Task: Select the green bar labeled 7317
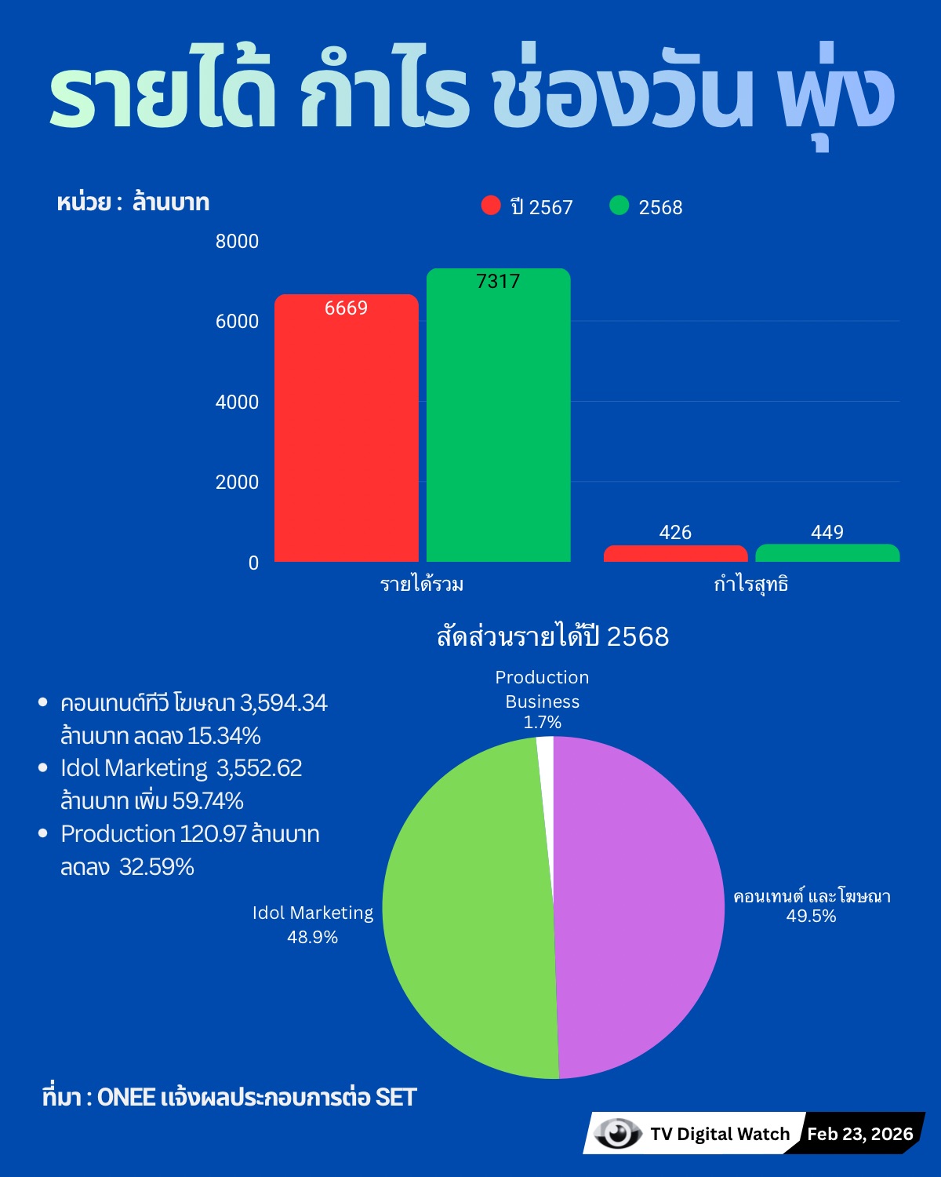[498, 416]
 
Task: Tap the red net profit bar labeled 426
[675, 554]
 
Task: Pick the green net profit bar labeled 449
[827, 553]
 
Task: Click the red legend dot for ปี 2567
[491, 206]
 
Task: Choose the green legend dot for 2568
[619, 206]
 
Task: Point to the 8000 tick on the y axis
[237, 241]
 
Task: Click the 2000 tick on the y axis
[237, 482]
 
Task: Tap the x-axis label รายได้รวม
[422, 585]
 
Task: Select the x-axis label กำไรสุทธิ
[750, 585]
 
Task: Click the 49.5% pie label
[811, 916]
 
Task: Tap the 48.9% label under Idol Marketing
[312, 937]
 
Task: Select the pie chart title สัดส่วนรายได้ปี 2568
[553, 636]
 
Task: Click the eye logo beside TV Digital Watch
[616, 1133]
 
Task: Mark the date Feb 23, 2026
[860, 1134]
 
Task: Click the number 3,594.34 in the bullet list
[283, 702]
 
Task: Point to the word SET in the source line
[396, 1097]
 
